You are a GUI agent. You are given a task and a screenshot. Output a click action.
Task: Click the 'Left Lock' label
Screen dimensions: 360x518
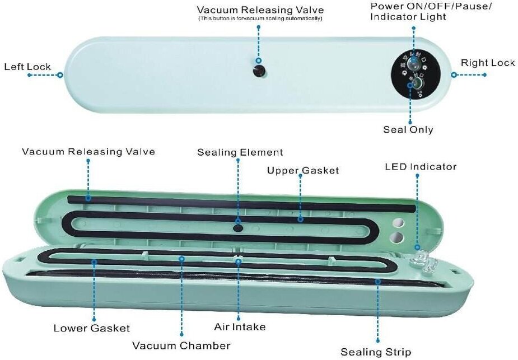(x=27, y=67)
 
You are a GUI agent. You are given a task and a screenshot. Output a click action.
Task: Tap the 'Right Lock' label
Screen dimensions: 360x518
(x=487, y=63)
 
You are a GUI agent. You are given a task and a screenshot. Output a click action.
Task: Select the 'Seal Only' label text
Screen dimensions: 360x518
(x=408, y=129)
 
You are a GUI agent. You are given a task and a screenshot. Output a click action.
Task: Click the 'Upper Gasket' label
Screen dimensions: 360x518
(x=302, y=170)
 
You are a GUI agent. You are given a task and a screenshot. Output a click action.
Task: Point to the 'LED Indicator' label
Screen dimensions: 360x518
(x=420, y=166)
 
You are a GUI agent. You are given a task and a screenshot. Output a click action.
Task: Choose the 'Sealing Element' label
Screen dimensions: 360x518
(x=240, y=152)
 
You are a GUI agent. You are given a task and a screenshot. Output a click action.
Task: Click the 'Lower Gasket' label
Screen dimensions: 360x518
(x=91, y=328)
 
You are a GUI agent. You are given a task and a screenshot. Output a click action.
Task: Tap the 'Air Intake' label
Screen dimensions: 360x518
(x=240, y=326)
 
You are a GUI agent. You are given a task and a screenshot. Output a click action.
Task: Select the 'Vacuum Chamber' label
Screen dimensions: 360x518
(x=181, y=345)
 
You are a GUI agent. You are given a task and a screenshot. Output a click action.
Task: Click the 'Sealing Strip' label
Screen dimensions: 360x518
(x=376, y=352)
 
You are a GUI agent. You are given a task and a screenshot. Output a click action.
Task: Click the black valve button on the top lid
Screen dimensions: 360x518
(x=259, y=71)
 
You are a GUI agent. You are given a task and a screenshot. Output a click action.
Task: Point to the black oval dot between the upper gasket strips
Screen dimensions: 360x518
(x=237, y=228)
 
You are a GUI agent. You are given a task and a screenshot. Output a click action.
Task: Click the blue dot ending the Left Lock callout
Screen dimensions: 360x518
(x=60, y=74)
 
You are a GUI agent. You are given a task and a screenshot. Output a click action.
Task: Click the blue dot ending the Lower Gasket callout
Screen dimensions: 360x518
(x=93, y=261)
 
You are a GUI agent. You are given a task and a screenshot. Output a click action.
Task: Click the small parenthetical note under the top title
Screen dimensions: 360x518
(x=260, y=18)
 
